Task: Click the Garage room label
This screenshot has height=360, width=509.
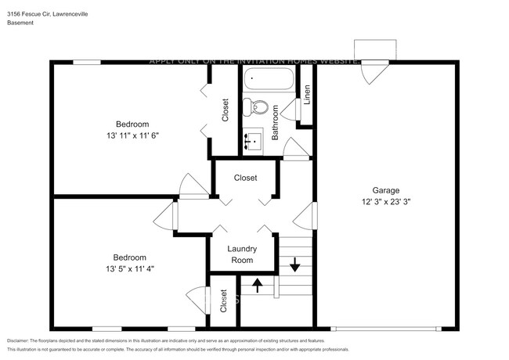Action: tap(386, 190)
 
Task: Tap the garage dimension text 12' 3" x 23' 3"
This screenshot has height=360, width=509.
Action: tap(386, 201)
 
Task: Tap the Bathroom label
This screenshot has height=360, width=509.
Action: tap(275, 124)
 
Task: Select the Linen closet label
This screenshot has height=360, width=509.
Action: tap(307, 95)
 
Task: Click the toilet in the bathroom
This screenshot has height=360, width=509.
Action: tap(260, 107)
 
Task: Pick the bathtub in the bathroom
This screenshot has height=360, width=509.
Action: tap(268, 80)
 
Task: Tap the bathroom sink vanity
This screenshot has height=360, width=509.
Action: tap(254, 140)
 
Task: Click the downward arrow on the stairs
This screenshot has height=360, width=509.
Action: tap(294, 265)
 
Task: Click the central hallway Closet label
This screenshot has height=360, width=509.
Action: tap(245, 178)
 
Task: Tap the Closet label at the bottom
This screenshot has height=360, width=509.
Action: tap(224, 301)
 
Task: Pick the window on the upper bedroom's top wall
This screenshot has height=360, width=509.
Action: tap(88, 62)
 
